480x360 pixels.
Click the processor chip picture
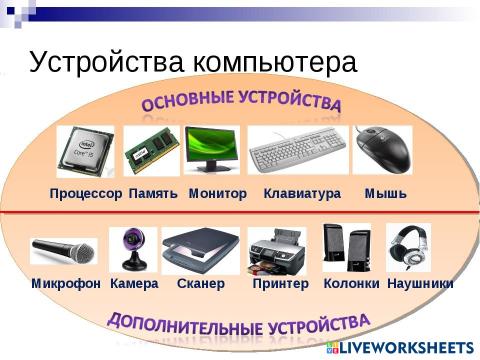pyautogui.click(x=85, y=151)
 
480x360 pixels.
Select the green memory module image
pyautogui.click(x=152, y=153)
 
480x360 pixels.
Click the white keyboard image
pyautogui.click(x=297, y=152)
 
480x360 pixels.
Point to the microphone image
pyautogui.click(x=62, y=249)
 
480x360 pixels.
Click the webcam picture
pyautogui.click(x=133, y=249)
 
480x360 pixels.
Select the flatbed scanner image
pyautogui.click(x=199, y=249)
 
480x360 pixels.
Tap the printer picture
pyautogui.click(x=279, y=249)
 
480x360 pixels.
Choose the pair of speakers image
pyautogui.click(x=346, y=248)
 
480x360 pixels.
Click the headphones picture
pyautogui.click(x=408, y=247)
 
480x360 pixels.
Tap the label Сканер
pyautogui.click(x=200, y=284)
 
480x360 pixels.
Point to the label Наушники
pyautogui.click(x=420, y=284)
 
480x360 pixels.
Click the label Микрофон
pyautogui.click(x=66, y=284)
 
